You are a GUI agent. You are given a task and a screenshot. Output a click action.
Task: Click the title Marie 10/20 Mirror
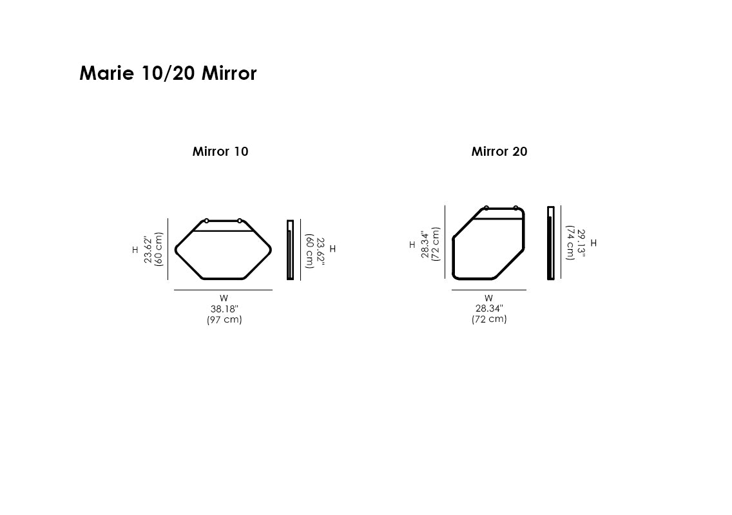pyautogui.click(x=168, y=73)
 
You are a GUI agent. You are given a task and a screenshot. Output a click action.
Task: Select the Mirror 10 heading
pyautogui.click(x=220, y=151)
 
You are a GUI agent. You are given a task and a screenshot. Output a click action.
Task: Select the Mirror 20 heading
pyautogui.click(x=499, y=151)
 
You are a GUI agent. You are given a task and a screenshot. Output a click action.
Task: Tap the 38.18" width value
pyautogui.click(x=224, y=309)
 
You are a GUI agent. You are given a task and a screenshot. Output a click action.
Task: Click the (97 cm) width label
pyautogui.click(x=224, y=319)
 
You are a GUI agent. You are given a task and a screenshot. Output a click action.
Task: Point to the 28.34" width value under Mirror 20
pyautogui.click(x=489, y=308)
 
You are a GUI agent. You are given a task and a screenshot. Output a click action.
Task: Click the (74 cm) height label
pyautogui.click(x=570, y=243)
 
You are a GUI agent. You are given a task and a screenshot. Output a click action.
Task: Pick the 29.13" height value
pyautogui.click(x=581, y=243)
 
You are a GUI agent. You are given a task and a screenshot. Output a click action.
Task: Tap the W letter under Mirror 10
pyautogui.click(x=224, y=298)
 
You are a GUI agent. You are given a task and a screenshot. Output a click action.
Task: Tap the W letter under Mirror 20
pyautogui.click(x=489, y=298)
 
